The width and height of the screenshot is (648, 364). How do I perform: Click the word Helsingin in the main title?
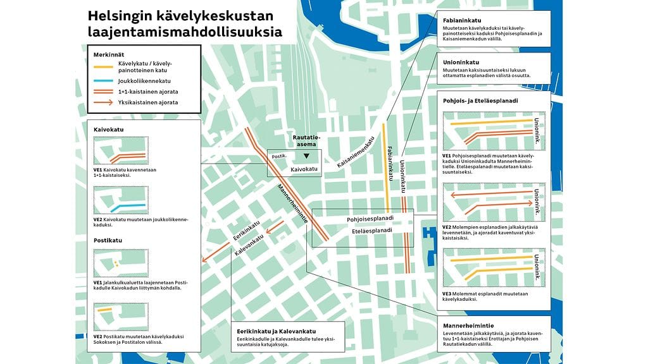click(117, 15)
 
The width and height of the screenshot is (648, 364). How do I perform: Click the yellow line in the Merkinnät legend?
click(103, 67)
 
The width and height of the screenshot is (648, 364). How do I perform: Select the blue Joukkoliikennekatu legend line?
click(103, 81)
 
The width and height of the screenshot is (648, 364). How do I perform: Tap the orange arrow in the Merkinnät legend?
click(103, 102)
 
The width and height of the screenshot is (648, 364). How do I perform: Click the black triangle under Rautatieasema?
click(306, 155)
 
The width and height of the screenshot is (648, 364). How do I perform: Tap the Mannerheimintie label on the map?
click(292, 203)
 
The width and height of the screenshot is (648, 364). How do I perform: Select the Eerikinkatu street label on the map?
click(247, 231)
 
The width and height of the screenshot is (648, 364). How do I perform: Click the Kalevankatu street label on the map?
click(249, 246)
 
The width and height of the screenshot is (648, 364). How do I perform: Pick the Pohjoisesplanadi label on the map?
click(370, 219)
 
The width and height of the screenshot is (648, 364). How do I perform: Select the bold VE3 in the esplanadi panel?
click(447, 294)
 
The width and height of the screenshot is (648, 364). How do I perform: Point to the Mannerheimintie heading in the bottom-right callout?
click(470, 325)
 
